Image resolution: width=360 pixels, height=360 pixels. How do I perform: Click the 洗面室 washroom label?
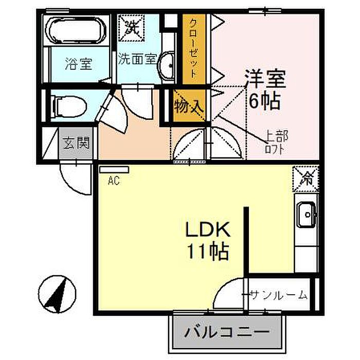coord(137,58)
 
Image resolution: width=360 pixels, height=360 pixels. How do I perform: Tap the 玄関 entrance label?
coord(76,142)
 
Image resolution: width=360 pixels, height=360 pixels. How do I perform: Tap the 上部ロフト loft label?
coord(276,142)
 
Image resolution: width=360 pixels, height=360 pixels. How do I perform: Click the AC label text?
coord(114,181)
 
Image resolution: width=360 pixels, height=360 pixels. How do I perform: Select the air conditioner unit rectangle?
coord(114,169)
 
